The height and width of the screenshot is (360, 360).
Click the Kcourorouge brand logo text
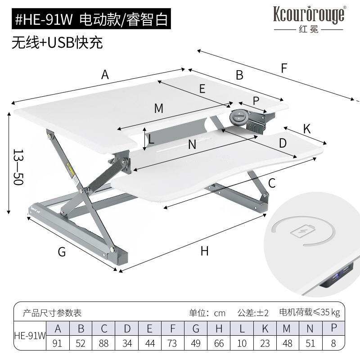[x=309, y=15]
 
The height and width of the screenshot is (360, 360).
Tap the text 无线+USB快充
[x=57, y=42]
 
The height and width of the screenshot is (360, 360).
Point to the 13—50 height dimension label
[x=18, y=167]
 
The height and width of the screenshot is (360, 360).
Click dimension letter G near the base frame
[x=62, y=252]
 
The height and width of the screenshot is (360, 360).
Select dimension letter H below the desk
[x=205, y=251]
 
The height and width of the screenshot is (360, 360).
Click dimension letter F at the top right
[x=284, y=68]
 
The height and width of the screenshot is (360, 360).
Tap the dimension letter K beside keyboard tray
[x=307, y=129]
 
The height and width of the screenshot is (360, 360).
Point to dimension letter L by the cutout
[x=152, y=139]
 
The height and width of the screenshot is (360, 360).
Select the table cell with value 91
[x=57, y=343]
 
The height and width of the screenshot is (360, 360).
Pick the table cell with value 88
[x=104, y=343]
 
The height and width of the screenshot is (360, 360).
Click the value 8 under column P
[x=333, y=343]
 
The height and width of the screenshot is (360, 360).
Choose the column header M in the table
[x=287, y=328]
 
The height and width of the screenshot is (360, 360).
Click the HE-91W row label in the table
[x=30, y=336]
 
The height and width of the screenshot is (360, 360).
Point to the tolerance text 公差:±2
[x=253, y=312]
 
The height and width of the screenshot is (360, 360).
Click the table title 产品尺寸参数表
[x=53, y=312]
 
